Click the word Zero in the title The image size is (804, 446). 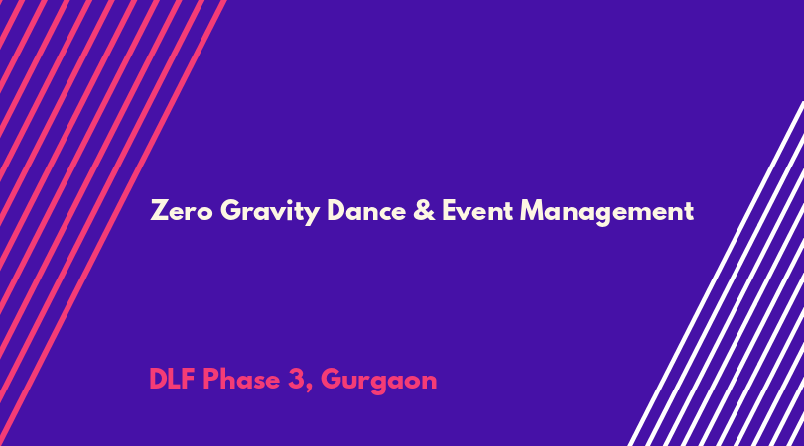coord(181,210)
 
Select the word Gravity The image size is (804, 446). coord(270,212)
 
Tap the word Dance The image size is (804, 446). coord(366,210)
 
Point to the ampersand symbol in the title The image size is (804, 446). coord(424,210)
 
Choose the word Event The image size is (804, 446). coord(476,210)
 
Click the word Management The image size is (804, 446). coord(606,212)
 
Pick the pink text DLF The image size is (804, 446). coord(172,380)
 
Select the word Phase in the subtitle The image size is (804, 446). coord(241,380)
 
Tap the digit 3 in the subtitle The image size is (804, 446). coord(296,380)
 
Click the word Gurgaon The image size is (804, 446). coord(379,382)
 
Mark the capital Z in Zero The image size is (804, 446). coord(159,210)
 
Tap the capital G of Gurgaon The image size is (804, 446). coord(331,380)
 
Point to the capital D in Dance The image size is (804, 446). coord(336,210)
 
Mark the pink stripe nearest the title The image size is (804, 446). coord(113,223)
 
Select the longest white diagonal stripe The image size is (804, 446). coord(717,274)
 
